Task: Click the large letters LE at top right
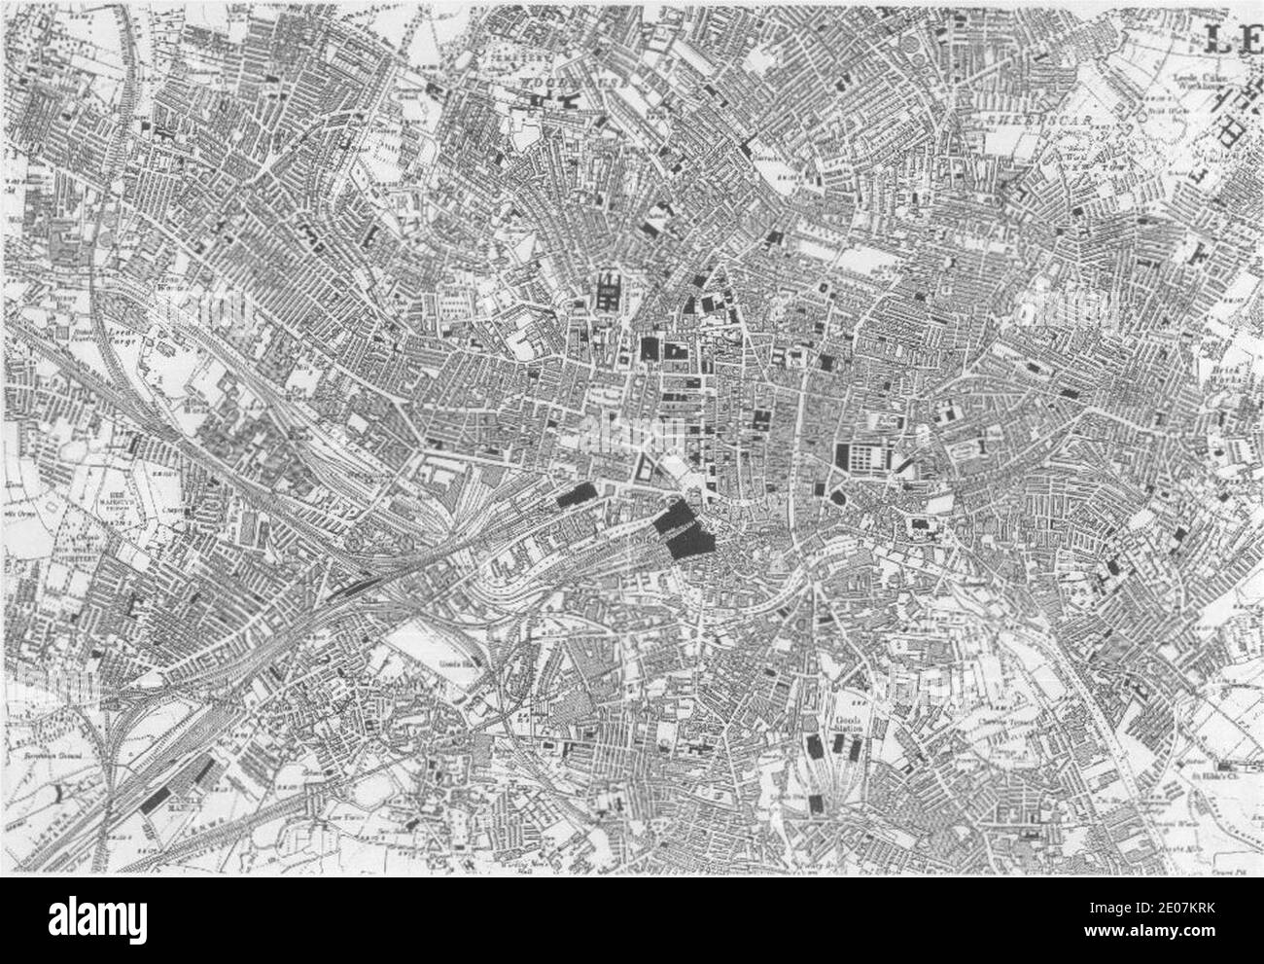[x=1232, y=40]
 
